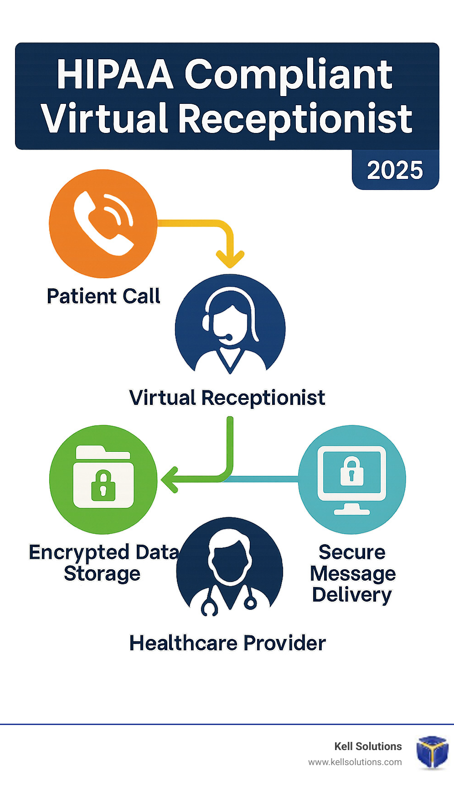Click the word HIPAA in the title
point(115,74)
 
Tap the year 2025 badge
point(395,170)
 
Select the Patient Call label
point(103,296)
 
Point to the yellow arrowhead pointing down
point(230,259)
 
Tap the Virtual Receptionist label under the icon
point(227,398)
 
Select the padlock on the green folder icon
point(103,485)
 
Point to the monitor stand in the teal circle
point(352,508)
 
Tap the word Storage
point(102,574)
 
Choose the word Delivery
point(352,595)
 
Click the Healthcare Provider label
point(227,643)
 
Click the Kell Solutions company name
point(368,746)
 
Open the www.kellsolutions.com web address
point(355,762)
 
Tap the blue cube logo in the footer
point(432,752)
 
